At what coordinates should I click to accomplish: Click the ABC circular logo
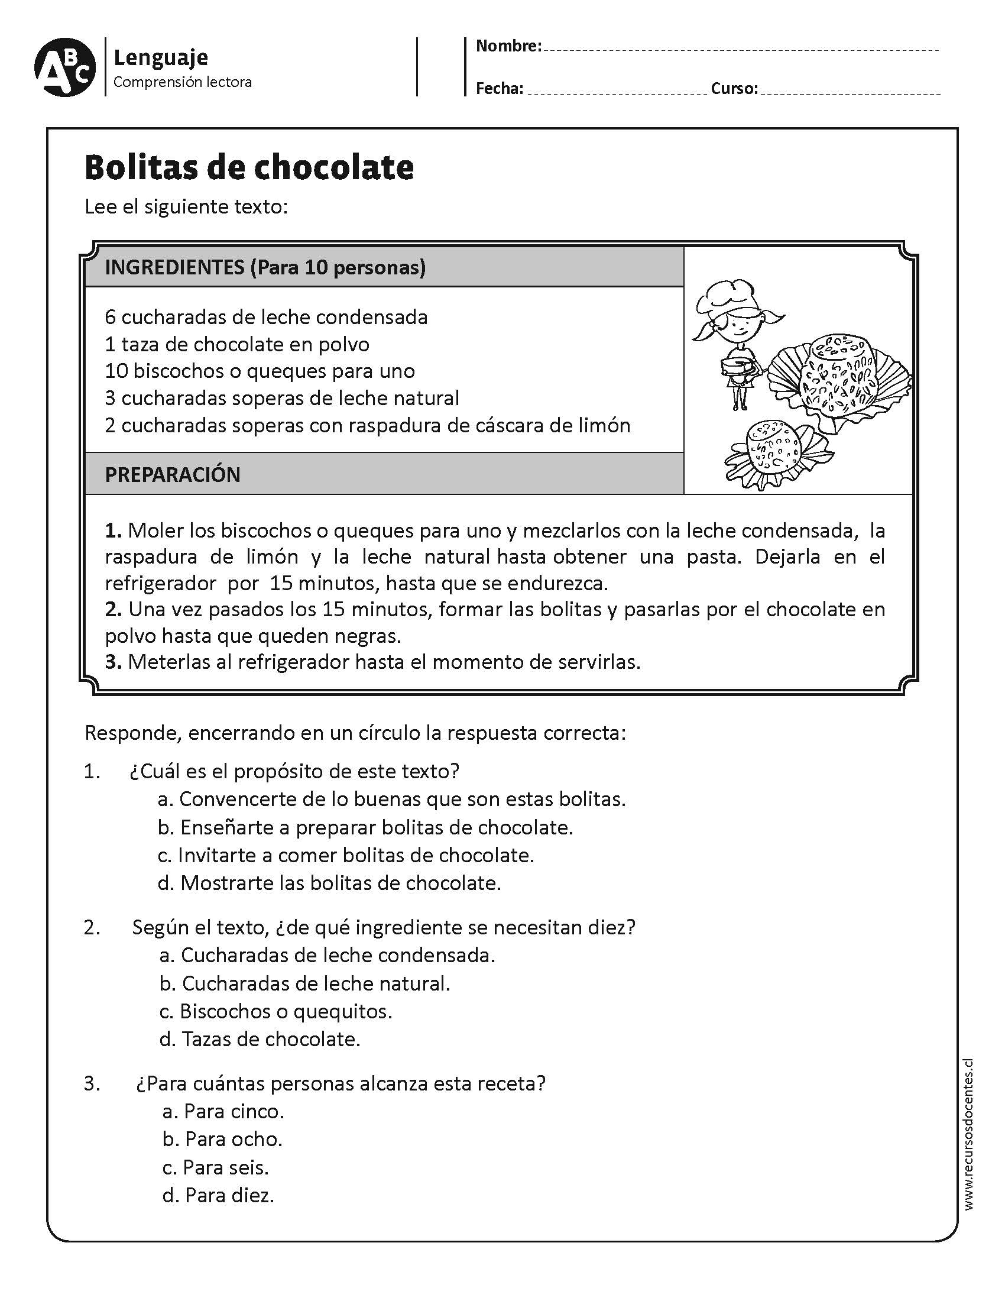(x=64, y=68)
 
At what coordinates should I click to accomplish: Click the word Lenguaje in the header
(x=160, y=58)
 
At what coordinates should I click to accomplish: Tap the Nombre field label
(x=508, y=46)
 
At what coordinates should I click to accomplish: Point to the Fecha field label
(x=499, y=89)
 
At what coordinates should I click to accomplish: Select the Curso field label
(x=734, y=89)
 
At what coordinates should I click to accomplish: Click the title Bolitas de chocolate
(x=249, y=167)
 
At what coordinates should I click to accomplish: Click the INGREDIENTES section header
(x=265, y=267)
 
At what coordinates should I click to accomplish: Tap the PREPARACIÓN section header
(x=173, y=474)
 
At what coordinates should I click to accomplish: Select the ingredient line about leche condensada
(x=266, y=317)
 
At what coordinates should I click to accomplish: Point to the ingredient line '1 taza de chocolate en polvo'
(x=237, y=344)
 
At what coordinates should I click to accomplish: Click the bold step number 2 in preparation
(x=113, y=609)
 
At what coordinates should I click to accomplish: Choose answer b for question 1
(x=364, y=827)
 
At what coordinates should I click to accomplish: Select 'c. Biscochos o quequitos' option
(x=275, y=1011)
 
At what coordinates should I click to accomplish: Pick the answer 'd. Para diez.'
(x=218, y=1195)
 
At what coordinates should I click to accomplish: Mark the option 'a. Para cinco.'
(x=223, y=1111)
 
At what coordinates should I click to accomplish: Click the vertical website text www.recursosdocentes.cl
(x=968, y=1138)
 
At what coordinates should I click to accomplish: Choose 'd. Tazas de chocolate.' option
(x=260, y=1039)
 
